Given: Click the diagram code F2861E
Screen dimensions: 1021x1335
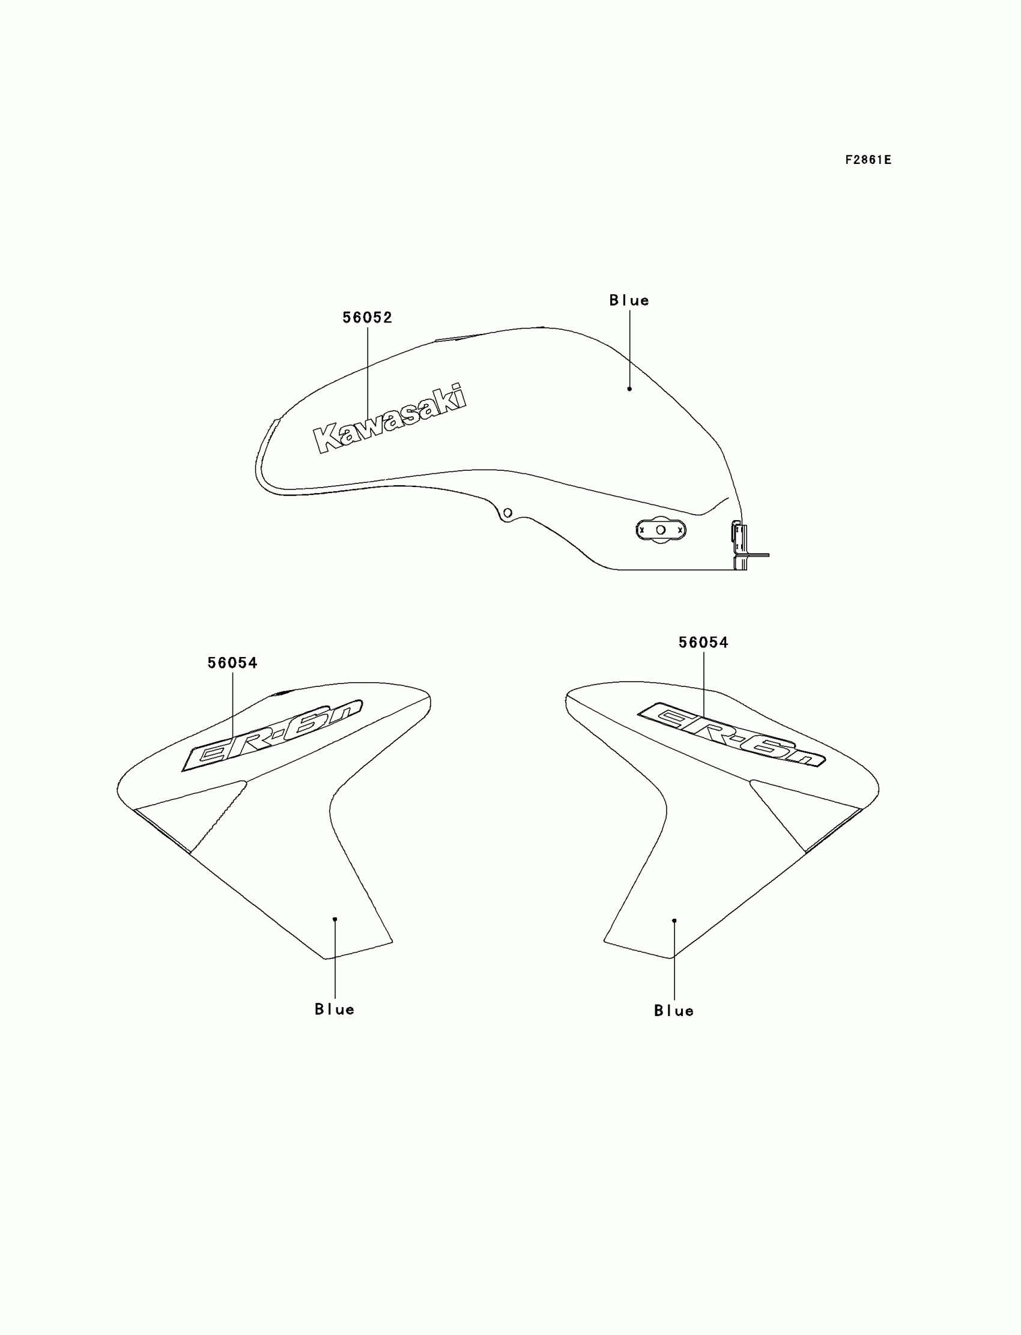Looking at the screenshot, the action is tap(868, 160).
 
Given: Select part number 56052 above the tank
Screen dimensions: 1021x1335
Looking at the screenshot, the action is tap(367, 317).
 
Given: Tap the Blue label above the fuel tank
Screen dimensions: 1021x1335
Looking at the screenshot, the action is tap(629, 300).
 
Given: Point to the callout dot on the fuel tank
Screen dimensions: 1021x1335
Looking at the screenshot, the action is tap(629, 389).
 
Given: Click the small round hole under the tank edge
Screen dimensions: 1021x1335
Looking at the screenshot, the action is tap(507, 513).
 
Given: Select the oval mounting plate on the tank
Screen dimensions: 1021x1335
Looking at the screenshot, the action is tap(661, 530).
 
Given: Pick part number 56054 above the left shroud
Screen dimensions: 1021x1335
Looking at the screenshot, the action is tap(232, 663).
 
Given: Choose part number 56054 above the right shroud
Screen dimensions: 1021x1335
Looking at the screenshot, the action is tap(703, 643).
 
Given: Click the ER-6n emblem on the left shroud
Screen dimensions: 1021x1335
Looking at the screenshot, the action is tap(272, 736).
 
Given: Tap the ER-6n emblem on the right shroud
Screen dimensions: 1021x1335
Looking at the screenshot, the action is tap(731, 734).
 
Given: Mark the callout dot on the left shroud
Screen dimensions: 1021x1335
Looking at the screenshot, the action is tap(335, 919).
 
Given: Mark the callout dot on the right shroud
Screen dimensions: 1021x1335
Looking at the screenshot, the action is tap(674, 921).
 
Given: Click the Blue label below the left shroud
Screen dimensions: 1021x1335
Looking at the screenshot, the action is tap(335, 1010).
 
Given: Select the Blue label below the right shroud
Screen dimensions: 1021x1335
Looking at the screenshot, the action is tap(673, 1011).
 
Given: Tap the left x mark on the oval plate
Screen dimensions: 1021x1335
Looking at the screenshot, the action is tap(642, 530).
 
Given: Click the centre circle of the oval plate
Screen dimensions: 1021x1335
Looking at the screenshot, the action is tap(661, 530).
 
